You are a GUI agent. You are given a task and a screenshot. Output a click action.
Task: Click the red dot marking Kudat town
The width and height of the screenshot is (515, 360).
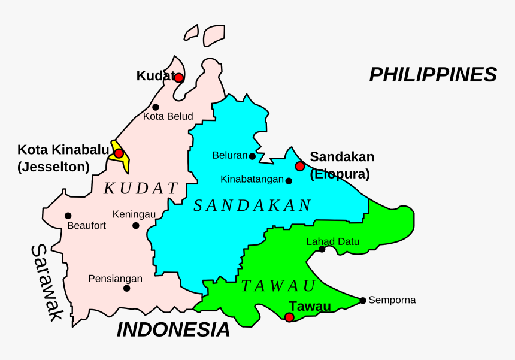point(178,77)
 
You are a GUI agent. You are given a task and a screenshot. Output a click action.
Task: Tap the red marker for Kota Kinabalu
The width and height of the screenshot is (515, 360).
point(119,153)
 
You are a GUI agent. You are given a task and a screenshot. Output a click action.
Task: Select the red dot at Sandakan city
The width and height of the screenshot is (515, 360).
point(300,166)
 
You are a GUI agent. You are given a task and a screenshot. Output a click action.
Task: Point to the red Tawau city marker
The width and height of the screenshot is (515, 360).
point(289,317)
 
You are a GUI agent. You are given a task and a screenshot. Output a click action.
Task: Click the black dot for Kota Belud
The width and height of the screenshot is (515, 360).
point(156,107)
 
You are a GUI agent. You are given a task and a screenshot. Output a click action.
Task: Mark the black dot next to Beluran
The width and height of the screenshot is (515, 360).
point(252,156)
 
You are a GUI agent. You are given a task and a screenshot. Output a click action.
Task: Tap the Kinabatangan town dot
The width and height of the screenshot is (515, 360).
point(289,181)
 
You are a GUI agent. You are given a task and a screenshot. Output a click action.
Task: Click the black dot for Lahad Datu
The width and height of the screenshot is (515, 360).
point(322,249)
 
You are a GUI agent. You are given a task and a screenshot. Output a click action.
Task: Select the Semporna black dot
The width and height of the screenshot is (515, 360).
point(363,300)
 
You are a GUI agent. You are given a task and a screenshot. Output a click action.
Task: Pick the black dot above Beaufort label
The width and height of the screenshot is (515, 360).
point(68,216)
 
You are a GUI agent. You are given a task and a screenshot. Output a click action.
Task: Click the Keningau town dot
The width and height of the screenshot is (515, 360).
point(136,226)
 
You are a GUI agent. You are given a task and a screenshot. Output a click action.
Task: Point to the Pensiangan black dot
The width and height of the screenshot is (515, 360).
point(126,288)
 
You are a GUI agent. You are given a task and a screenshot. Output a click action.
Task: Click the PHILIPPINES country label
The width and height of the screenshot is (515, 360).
point(433,75)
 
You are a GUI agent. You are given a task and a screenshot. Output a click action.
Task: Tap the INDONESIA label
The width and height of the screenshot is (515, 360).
point(173,329)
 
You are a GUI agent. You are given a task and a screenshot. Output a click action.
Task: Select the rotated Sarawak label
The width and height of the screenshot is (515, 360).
point(47,283)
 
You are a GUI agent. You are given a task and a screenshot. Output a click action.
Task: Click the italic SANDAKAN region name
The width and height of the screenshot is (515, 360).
point(252,206)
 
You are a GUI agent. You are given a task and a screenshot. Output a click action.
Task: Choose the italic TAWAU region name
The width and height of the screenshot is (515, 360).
point(278,286)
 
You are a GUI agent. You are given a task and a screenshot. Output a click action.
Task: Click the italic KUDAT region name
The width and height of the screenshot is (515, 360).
point(141,189)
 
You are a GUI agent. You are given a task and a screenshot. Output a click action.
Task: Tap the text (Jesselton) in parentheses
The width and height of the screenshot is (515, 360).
point(53,167)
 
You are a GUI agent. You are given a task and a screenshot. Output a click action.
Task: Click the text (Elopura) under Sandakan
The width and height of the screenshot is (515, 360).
point(340,174)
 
